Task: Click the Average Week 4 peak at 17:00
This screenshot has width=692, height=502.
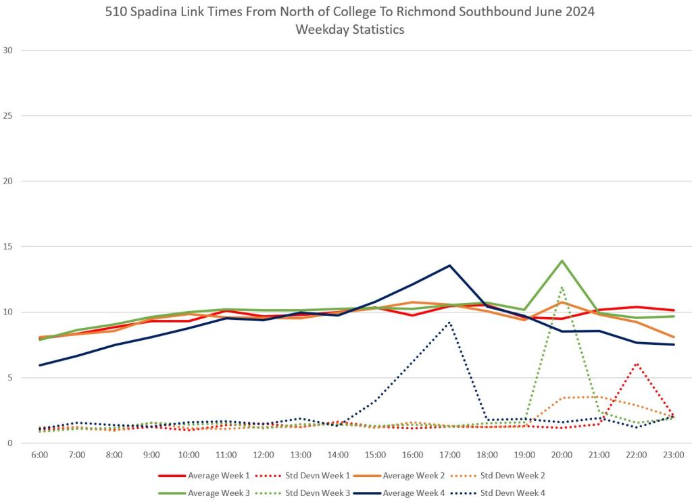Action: [449, 265]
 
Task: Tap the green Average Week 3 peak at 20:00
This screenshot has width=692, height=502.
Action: [562, 260]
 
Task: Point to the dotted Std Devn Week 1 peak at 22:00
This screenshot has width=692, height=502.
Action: [637, 364]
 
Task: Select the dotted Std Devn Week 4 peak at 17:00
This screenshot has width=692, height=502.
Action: [449, 322]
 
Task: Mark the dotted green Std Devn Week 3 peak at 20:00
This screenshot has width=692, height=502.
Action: [562, 287]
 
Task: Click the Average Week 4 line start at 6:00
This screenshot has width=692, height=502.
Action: [40, 365]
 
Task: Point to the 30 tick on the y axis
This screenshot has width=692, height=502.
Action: [8, 50]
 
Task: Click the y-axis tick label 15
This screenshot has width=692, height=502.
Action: [8, 247]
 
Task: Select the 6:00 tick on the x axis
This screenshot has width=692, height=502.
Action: [40, 455]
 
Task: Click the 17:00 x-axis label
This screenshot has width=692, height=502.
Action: [449, 455]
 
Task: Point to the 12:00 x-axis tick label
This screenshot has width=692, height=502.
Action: [264, 455]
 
